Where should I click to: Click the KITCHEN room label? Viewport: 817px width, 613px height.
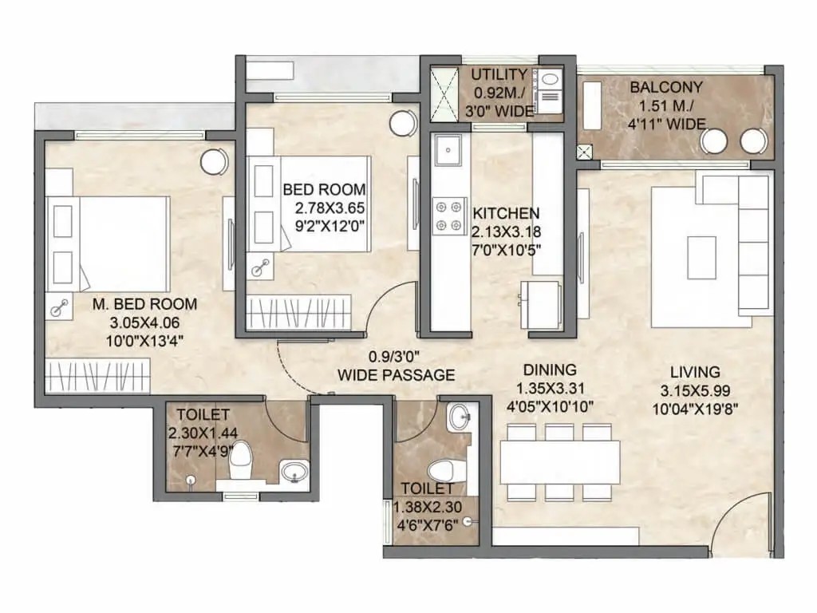[x=506, y=212]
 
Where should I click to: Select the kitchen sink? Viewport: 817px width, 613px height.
[x=448, y=150]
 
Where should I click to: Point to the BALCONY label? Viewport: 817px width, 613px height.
[x=666, y=87]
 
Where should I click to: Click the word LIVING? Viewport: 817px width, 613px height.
[x=695, y=372]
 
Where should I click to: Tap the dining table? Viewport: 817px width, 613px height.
[x=560, y=462]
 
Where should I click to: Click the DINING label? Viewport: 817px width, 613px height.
[x=550, y=370]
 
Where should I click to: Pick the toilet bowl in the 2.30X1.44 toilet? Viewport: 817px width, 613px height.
[x=241, y=457]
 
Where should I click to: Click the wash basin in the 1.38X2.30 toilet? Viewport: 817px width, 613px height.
[x=460, y=417]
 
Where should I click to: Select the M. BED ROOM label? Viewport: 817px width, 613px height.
[x=145, y=304]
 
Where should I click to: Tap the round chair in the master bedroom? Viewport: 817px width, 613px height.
[x=214, y=162]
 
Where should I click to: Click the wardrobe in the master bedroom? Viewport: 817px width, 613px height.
[x=97, y=376]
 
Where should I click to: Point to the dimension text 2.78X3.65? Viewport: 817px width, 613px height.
[x=330, y=208]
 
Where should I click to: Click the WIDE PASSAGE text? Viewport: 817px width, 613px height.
[x=396, y=375]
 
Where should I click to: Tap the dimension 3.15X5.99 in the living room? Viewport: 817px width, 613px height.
[x=695, y=390]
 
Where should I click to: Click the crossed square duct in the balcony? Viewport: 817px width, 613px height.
[x=584, y=152]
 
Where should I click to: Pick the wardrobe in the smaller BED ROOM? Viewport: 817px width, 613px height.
[x=299, y=313]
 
